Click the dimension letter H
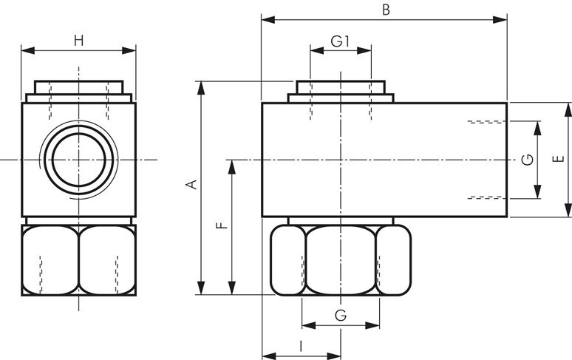tap(78, 41)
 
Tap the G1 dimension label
tap(339, 41)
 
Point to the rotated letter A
tap(193, 185)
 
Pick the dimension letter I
tap(301, 345)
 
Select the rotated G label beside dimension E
tap(527, 160)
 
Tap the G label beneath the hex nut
tap(340, 316)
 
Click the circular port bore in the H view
tap(79, 159)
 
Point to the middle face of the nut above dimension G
tap(340, 259)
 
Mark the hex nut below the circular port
tap(78, 259)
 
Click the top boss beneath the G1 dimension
tap(341, 89)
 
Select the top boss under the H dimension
tap(78, 89)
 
